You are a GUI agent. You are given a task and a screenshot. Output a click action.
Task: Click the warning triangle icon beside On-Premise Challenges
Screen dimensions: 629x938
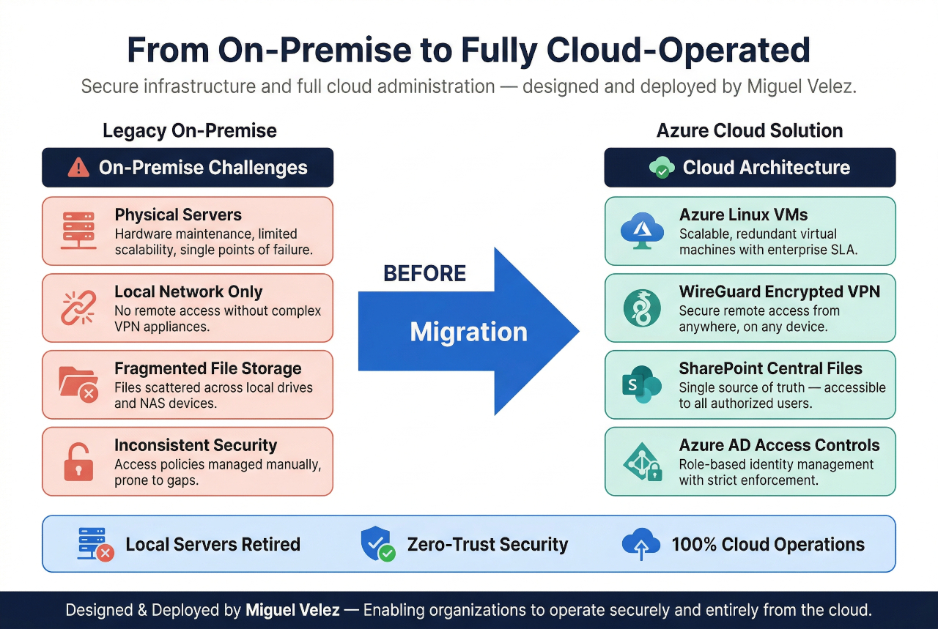click(x=78, y=168)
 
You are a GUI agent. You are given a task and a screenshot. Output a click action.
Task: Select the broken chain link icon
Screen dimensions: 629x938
click(x=78, y=308)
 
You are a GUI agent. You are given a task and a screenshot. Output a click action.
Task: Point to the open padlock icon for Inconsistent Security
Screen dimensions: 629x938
click(x=78, y=461)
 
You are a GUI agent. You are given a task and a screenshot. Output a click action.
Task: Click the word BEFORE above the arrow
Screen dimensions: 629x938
click(x=424, y=274)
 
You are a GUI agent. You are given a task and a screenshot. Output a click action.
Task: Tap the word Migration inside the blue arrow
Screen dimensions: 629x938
click(x=468, y=332)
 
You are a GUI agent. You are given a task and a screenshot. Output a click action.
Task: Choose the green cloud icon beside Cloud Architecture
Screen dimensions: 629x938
click(x=662, y=168)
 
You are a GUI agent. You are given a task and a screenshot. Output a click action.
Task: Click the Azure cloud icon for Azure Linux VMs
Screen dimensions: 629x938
click(x=642, y=231)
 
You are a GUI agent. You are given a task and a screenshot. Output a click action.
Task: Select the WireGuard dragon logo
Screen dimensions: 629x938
click(x=642, y=308)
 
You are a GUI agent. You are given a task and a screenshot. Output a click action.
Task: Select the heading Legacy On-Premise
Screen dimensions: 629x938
click(x=189, y=131)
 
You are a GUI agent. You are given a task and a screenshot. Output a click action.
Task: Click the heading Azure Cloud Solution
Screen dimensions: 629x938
click(x=750, y=131)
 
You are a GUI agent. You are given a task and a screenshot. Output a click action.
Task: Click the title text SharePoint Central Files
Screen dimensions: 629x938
click(x=770, y=368)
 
